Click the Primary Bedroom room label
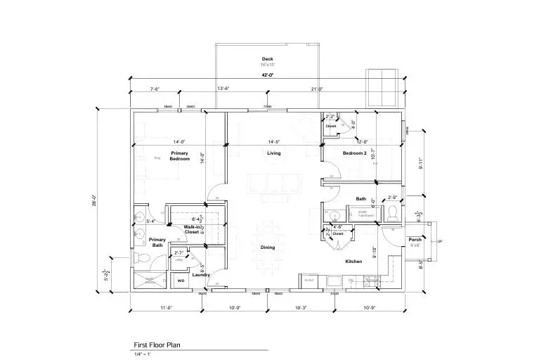click(x=180, y=156)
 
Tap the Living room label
click(x=274, y=153)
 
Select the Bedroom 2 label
click(x=355, y=153)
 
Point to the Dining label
click(x=268, y=247)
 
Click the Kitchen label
click(x=353, y=262)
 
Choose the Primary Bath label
click(x=157, y=243)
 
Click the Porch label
click(x=415, y=243)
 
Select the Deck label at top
click(x=267, y=59)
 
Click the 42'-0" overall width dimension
click(x=267, y=75)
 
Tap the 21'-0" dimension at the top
click(x=317, y=89)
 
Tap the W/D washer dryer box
click(x=181, y=281)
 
